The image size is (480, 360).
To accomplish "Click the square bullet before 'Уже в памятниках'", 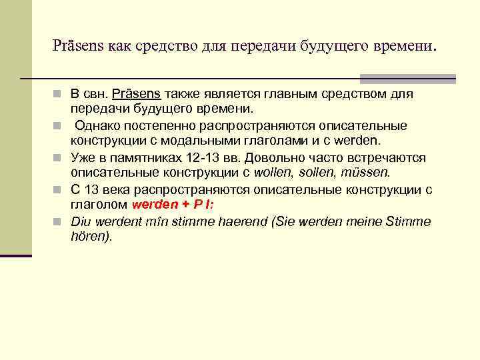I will coord(62,159).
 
